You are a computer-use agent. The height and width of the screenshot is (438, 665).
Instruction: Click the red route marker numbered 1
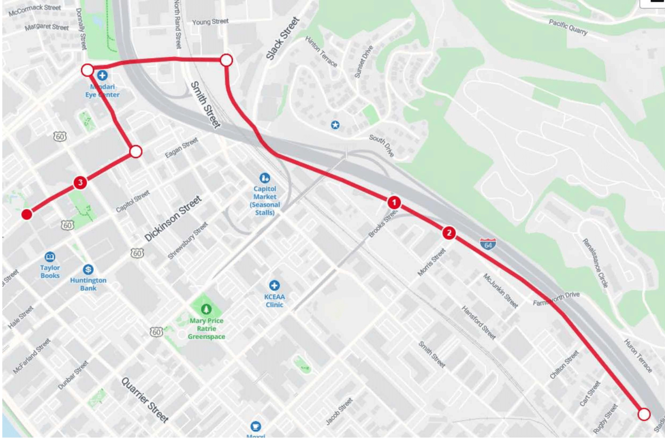coord(394,203)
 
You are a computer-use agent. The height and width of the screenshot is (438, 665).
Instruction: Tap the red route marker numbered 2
coord(449,233)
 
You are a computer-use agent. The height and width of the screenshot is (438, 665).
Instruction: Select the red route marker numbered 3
coord(80,182)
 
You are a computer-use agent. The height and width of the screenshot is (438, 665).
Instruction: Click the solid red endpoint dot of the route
coord(27,214)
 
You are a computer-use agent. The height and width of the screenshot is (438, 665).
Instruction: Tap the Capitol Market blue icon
coord(265,178)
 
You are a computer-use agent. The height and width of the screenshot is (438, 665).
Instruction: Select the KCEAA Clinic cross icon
coord(274,285)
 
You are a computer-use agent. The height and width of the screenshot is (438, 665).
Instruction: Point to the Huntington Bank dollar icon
coord(88,269)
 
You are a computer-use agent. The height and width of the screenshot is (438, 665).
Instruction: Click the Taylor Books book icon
coord(50,257)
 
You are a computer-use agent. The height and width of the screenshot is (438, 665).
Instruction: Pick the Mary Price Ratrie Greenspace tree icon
coord(206,309)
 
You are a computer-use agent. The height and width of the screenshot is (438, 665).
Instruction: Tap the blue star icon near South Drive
coord(335,125)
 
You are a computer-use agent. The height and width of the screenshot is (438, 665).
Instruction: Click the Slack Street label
coord(282,39)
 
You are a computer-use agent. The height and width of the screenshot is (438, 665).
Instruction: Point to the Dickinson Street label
coord(173,218)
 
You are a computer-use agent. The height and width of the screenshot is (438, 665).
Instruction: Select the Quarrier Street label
coord(145,400)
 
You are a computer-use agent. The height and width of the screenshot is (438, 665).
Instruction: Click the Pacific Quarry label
coord(568,27)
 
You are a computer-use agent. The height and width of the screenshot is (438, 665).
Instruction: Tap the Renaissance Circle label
coord(595,263)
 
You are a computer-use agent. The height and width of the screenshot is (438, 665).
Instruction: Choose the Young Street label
coord(210,22)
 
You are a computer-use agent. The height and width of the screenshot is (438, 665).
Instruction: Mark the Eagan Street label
coord(181,147)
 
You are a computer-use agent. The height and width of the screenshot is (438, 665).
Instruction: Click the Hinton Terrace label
coord(321,52)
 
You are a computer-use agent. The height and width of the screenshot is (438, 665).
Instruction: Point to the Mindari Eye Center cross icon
coord(102,76)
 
